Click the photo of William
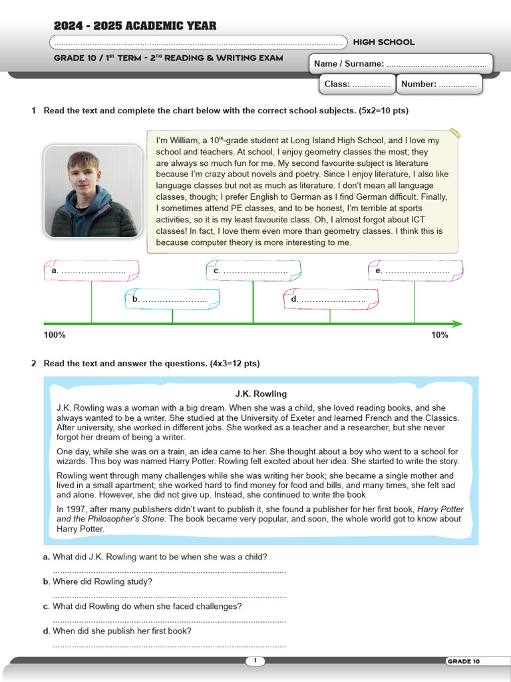coord(92,191)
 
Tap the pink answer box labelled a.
coord(92,270)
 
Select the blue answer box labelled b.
coord(172,300)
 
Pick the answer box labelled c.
coord(253,270)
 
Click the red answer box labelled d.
coord(330,300)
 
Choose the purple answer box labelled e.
coord(415,270)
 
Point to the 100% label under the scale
coord(55,335)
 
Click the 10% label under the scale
coord(439,335)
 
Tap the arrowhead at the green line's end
coord(457,324)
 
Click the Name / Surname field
coord(401,64)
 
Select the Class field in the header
coord(357,84)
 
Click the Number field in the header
coord(439,84)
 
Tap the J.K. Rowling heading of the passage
coord(261,394)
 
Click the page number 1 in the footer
coord(255,661)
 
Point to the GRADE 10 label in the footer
coord(463,661)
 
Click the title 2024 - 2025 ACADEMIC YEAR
coord(135,26)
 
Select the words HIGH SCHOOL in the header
coord(383,42)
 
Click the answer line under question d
coord(169,645)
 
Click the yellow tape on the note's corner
coord(454,133)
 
